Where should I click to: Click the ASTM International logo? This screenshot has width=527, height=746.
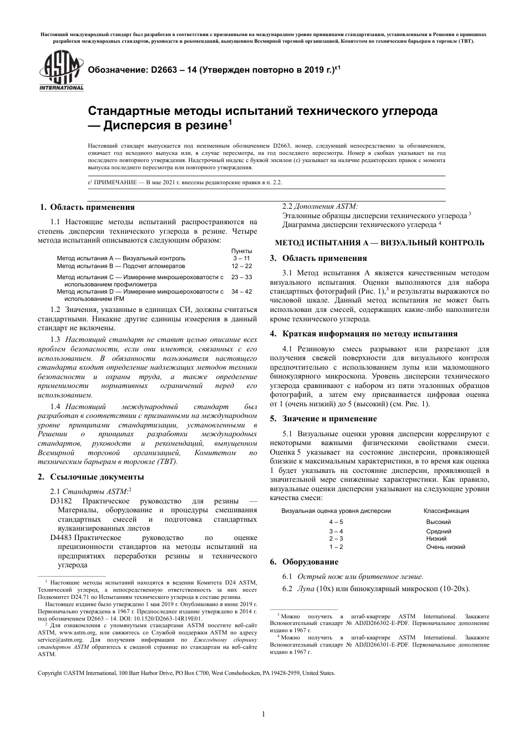click(61, 70)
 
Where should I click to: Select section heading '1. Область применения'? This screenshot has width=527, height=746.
click(87, 207)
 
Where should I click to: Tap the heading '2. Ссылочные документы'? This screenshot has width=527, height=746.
click(90, 476)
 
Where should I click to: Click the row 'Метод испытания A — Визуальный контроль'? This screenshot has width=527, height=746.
click(121, 258)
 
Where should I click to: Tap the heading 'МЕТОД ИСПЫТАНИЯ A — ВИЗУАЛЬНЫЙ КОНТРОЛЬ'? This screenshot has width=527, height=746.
click(380, 243)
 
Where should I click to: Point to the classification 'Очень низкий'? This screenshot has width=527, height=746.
click(445, 547)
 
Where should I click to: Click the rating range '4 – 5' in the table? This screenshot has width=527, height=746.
click(336, 522)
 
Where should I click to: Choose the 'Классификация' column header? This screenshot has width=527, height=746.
click(446, 511)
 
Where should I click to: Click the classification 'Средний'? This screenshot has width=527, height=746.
click(438, 531)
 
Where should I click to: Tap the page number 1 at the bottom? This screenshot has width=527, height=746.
click(263, 714)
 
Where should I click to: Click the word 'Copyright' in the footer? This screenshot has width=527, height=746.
click(49, 673)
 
